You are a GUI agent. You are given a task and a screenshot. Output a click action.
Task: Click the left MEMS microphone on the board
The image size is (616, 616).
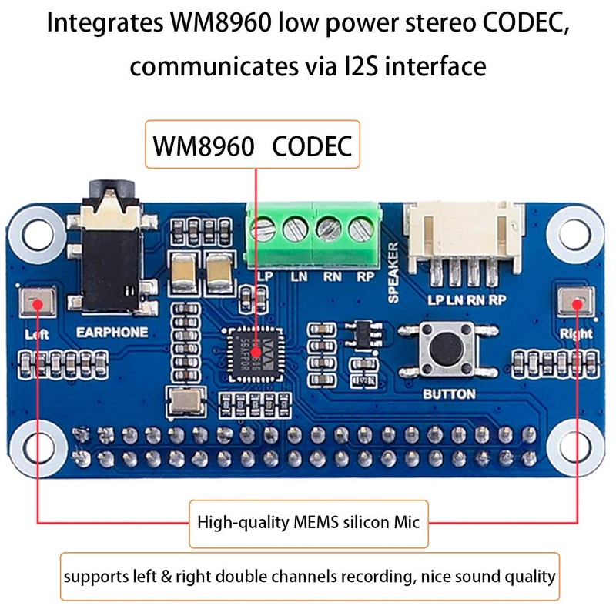pos(36,303)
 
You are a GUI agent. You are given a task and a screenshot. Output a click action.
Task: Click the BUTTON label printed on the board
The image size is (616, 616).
pos(449,393)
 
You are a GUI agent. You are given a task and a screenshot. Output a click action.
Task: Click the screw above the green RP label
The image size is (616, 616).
pos(360,229)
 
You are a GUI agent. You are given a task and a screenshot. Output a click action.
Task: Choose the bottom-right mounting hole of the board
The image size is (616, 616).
pos(578,444)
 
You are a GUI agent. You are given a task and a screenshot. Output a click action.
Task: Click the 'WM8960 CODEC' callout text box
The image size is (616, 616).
pos(253,144)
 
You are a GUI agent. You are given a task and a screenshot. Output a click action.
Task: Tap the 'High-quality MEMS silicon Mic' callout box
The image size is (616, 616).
pos(308,523)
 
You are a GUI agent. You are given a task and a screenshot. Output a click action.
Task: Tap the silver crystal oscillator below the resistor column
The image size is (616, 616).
pos(185,401)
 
